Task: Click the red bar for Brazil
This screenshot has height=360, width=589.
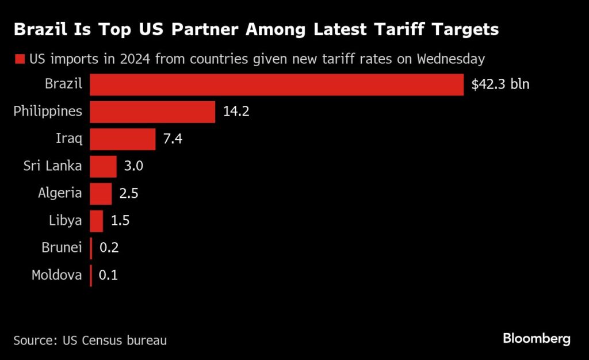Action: tap(277, 85)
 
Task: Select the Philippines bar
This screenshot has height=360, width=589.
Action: tap(152, 112)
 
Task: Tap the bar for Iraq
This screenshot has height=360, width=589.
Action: tap(123, 139)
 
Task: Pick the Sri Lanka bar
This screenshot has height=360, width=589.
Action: tap(104, 166)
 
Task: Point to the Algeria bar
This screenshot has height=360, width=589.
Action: tap(101, 194)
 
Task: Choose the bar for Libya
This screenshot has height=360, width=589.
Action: tap(97, 221)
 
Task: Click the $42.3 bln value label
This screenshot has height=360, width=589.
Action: tap(500, 84)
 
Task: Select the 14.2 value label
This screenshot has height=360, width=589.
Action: tap(236, 111)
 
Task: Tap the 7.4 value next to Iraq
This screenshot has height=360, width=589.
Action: tap(173, 139)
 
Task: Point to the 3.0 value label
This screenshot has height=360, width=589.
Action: tap(133, 166)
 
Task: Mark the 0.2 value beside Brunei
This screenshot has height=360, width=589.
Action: tap(109, 247)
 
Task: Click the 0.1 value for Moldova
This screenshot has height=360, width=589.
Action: tap(108, 275)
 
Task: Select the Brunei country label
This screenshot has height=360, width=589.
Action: tap(62, 247)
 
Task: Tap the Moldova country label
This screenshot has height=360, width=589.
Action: tap(57, 275)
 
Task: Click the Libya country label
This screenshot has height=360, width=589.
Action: tap(66, 220)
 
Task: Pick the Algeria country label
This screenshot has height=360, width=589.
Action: tap(60, 193)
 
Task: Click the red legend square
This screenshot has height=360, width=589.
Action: tap(20, 59)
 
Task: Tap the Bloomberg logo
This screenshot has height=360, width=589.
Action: tap(537, 339)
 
